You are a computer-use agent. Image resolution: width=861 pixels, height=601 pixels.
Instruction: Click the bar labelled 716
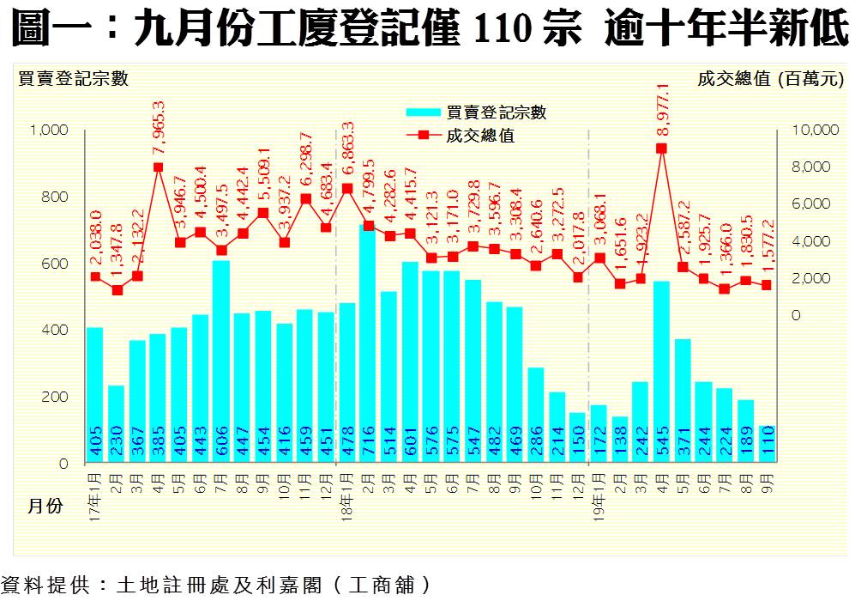point(368,343)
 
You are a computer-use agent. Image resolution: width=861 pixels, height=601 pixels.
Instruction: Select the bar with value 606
point(221,361)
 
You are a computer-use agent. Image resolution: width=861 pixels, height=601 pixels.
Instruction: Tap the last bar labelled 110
point(768,444)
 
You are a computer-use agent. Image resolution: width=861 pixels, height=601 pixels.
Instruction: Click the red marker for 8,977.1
point(662,149)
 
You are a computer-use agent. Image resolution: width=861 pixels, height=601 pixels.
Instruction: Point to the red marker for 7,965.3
point(159,167)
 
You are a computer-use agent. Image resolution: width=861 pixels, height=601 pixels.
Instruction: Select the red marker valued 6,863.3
point(347,188)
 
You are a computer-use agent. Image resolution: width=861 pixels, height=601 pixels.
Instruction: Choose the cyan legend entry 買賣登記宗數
point(476,112)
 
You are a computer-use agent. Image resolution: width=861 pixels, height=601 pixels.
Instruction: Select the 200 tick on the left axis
point(56,398)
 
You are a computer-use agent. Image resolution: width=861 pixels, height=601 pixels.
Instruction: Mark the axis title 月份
point(42,507)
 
